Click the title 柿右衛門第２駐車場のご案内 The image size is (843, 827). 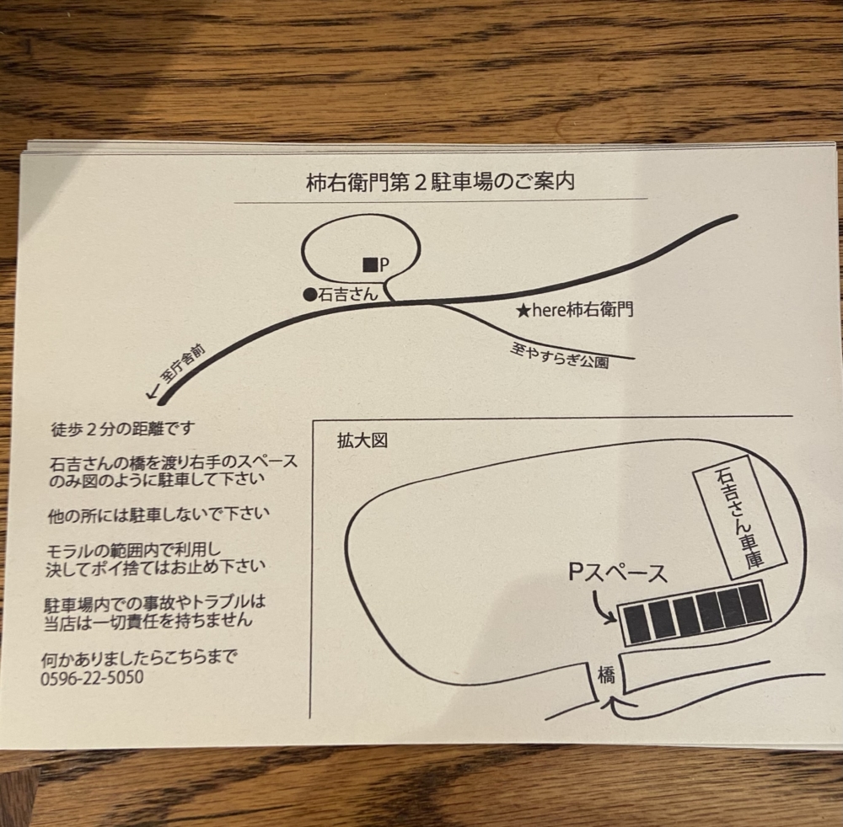pyautogui.click(x=440, y=183)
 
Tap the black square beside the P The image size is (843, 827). pyautogui.click(x=370, y=264)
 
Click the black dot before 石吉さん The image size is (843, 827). pyautogui.click(x=309, y=294)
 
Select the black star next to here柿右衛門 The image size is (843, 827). pyautogui.click(x=524, y=311)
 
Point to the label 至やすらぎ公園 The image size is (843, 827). pyautogui.click(x=560, y=357)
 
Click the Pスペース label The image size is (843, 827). pyautogui.click(x=618, y=574)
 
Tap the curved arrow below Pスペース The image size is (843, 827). pyautogui.click(x=603, y=608)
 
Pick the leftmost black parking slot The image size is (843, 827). pyautogui.click(x=637, y=624)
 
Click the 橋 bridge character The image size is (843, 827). pyautogui.click(x=606, y=675)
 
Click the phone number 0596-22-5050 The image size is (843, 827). pyautogui.click(x=93, y=678)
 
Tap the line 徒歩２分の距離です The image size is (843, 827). pyautogui.click(x=123, y=429)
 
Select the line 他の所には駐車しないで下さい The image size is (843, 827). pyautogui.click(x=158, y=515)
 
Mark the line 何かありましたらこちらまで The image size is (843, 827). pyautogui.click(x=139, y=657)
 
